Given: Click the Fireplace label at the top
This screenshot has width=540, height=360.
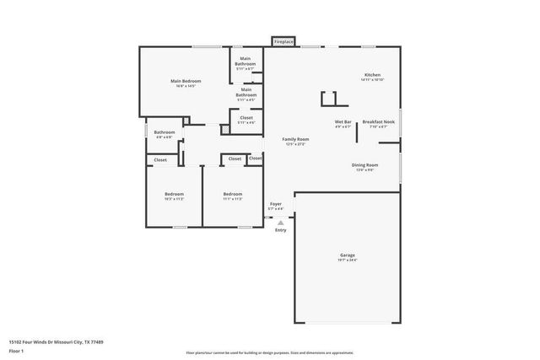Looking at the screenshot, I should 283,41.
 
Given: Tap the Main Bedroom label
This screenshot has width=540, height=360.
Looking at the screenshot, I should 186,81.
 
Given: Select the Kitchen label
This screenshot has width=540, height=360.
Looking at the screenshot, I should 372,74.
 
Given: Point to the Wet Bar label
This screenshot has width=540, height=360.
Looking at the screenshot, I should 343,122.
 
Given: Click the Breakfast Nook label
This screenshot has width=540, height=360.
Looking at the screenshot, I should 379,122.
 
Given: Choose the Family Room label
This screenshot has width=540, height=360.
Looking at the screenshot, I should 295,139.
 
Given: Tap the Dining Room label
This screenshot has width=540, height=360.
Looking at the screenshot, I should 364,164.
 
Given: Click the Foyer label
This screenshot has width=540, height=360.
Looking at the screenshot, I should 275,204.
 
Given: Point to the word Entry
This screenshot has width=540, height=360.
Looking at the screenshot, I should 280,230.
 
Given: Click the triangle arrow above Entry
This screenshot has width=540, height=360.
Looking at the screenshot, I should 280,223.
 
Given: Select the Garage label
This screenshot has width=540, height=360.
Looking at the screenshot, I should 348,255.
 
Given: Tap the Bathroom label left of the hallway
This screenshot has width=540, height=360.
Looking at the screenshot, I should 165,132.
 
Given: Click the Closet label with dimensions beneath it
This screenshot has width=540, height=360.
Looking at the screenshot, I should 246,117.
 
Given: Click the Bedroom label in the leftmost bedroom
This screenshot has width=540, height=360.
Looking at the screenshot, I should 174,195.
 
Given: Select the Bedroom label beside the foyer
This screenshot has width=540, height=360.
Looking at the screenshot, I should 233,195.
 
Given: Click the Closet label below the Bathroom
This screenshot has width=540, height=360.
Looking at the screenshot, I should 160,159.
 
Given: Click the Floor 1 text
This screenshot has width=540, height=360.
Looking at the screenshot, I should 16,351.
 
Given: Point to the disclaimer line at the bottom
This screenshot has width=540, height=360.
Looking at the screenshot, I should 271,352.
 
